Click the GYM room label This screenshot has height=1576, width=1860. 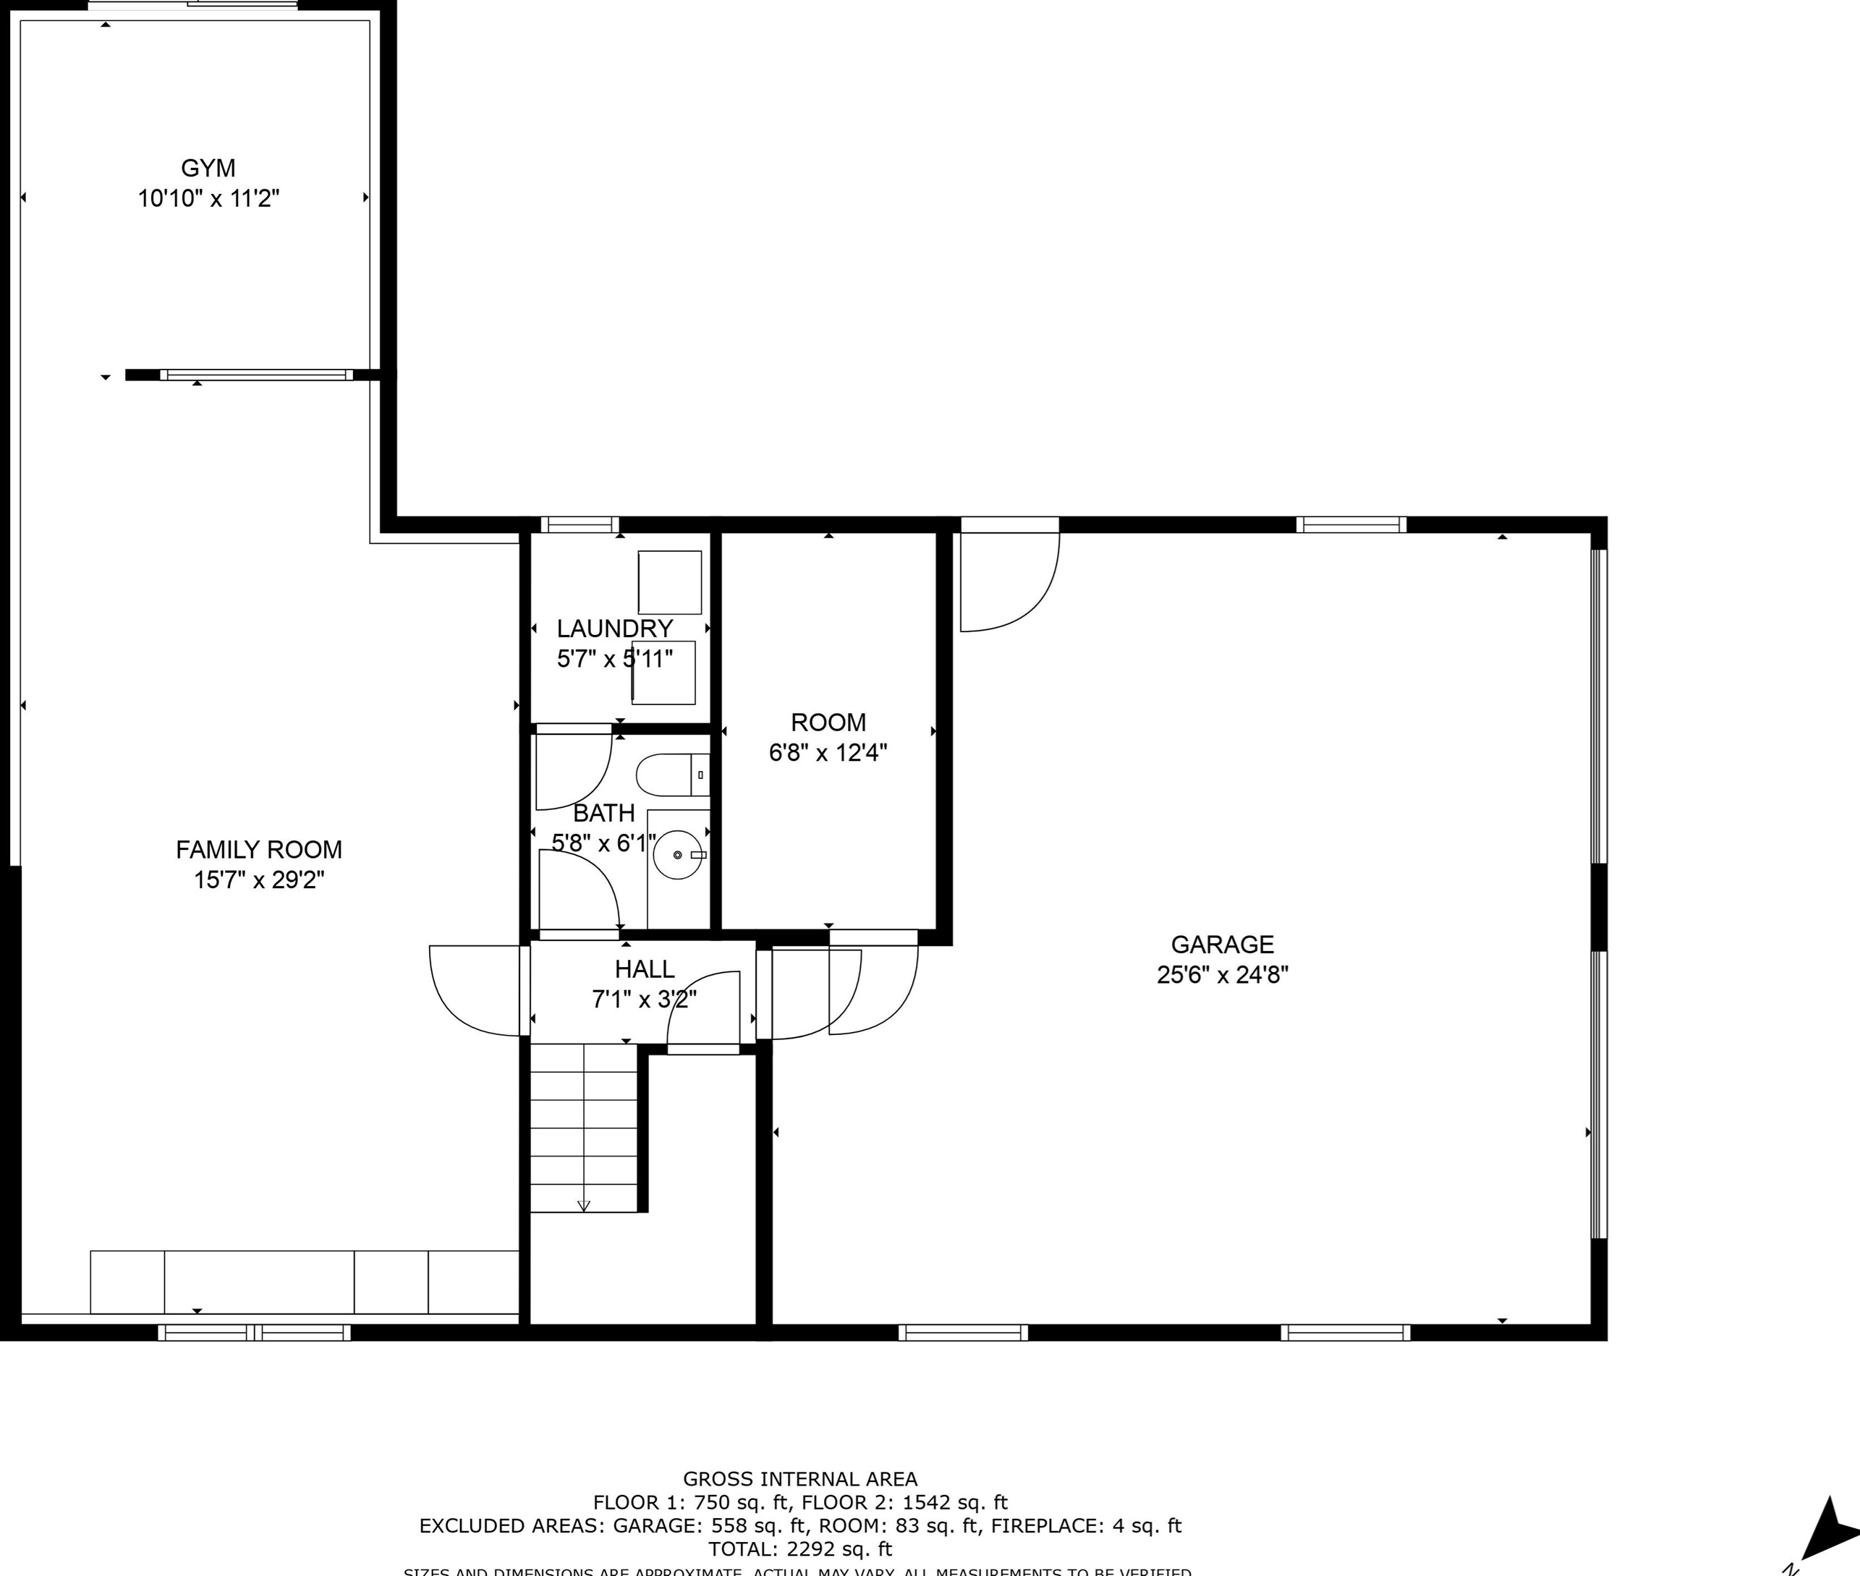208,168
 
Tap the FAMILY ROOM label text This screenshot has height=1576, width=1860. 258,850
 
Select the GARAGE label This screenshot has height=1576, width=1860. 1222,945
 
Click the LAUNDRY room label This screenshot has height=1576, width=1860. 614,629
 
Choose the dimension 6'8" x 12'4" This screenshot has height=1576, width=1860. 828,752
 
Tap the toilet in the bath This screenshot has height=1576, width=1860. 671,775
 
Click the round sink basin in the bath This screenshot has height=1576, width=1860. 676,855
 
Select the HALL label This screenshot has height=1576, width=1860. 644,969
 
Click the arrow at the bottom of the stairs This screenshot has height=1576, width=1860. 584,1205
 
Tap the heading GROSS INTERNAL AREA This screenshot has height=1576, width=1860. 800,1478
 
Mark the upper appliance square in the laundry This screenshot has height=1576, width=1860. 669,582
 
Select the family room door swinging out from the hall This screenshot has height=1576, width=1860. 474,991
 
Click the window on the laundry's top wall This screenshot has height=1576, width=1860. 579,524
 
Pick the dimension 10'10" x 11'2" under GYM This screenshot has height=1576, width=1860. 208,198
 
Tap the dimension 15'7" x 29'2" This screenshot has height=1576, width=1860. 258,880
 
